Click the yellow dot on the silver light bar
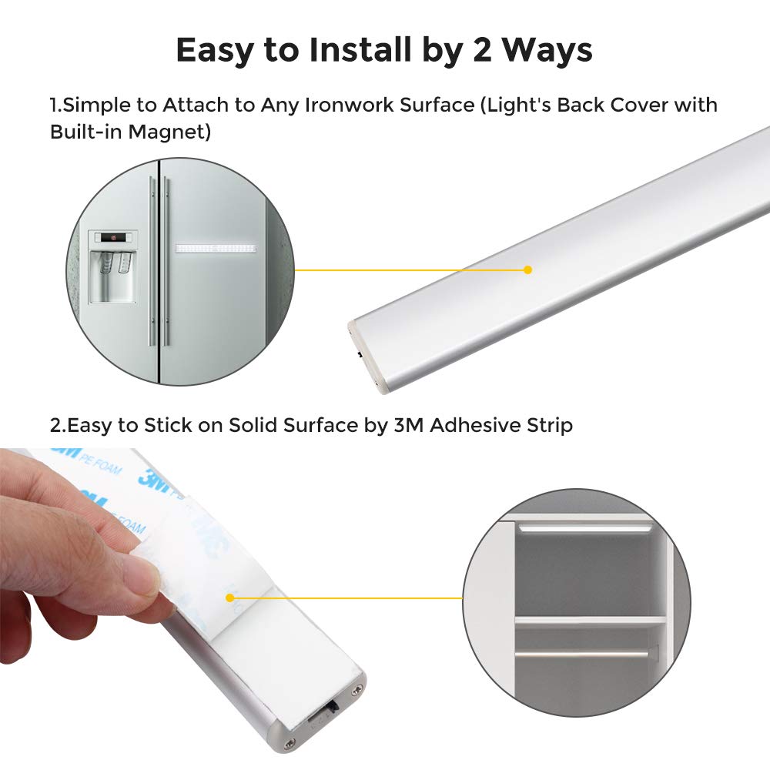(x=527, y=269)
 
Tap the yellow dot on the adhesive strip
(x=229, y=597)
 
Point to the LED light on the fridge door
(x=215, y=249)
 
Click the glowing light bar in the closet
(x=586, y=528)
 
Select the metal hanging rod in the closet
(x=585, y=653)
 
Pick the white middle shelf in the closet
(x=589, y=619)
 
